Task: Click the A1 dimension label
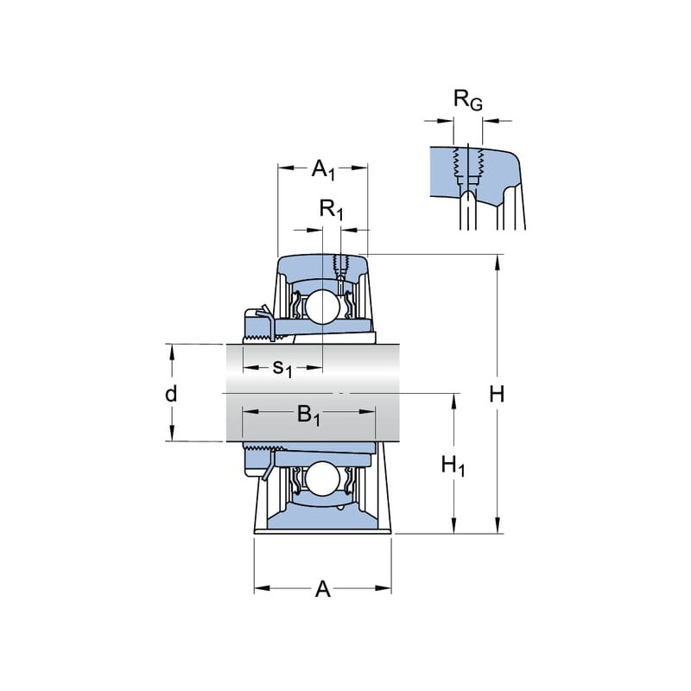[323, 169]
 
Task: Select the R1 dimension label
[331, 209]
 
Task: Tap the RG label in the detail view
[468, 100]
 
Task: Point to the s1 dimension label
[282, 368]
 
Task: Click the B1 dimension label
[308, 415]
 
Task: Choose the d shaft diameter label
[171, 394]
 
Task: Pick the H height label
[497, 394]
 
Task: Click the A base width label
[322, 589]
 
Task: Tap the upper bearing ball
[323, 307]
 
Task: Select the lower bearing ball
[323, 479]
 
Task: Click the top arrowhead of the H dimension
[498, 263]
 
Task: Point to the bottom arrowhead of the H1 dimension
[453, 526]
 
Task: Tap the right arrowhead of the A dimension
[384, 588]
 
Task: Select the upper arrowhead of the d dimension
[172, 352]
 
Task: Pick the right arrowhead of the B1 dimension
[368, 412]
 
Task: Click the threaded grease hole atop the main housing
[340, 266]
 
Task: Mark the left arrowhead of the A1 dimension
[286, 168]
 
